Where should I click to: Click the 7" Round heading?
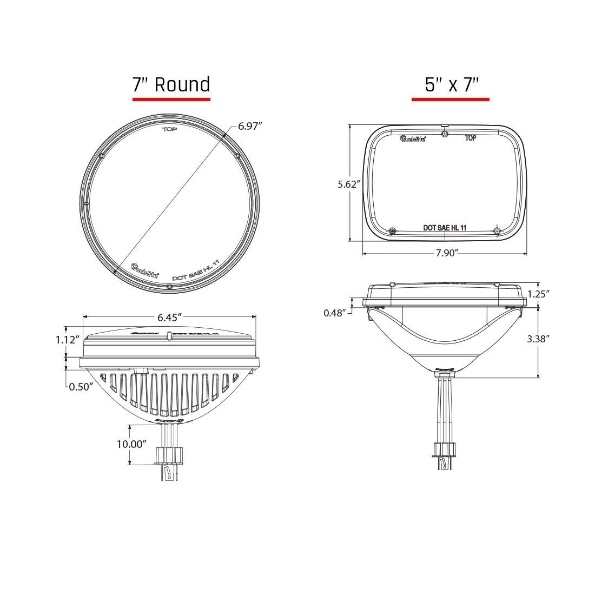pyautogui.click(x=171, y=85)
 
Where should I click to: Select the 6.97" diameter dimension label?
pyautogui.click(x=250, y=126)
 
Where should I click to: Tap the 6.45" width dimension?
pyautogui.click(x=169, y=318)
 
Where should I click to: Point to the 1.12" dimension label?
pyautogui.click(x=68, y=340)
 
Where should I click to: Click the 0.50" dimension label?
pyautogui.click(x=81, y=386)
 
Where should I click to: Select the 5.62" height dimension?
pyautogui.click(x=349, y=184)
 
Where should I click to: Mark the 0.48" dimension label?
pyautogui.click(x=335, y=313)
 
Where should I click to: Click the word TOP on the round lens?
pyautogui.click(x=170, y=130)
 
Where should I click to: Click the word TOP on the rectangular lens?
pyautogui.click(x=471, y=138)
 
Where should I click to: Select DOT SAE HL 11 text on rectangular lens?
pyautogui.click(x=445, y=228)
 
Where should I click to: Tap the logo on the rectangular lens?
pyautogui.click(x=413, y=139)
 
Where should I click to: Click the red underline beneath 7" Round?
pyautogui.click(x=171, y=100)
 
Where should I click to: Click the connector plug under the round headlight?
pyautogui.click(x=170, y=457)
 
